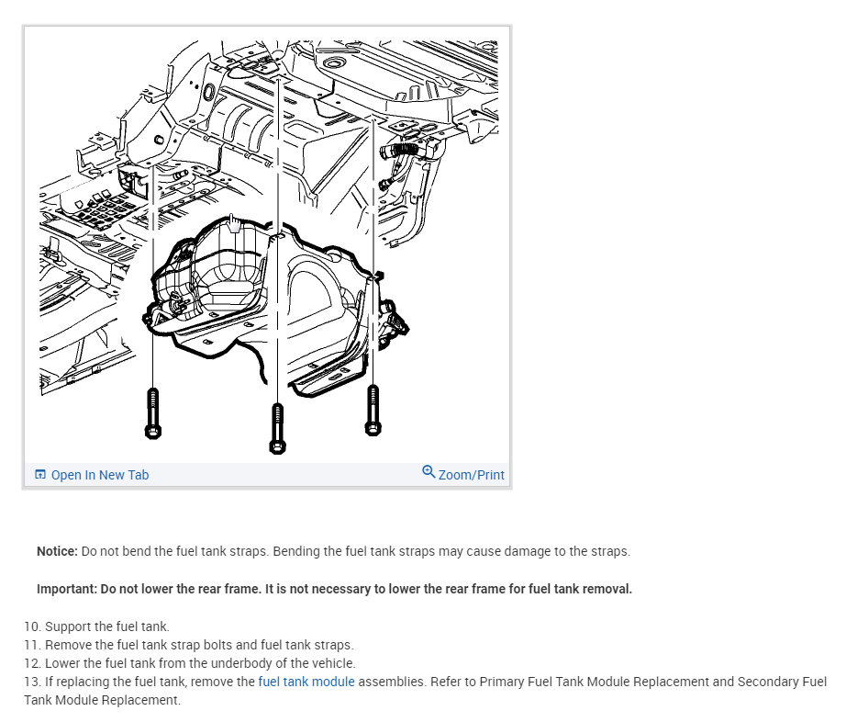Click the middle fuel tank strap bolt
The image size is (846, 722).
277,425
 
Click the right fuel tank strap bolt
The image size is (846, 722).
372,409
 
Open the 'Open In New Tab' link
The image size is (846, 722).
99,475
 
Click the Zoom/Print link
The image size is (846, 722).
471,475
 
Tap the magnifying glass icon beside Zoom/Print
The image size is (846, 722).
429,472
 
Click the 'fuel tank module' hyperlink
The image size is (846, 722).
306,682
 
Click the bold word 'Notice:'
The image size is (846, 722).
57,551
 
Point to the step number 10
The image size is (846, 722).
31,626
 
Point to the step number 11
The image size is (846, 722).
31,645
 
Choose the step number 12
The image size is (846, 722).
31,663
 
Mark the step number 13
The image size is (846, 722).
31,682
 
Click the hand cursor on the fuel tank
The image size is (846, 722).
235,223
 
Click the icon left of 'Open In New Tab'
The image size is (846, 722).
40,475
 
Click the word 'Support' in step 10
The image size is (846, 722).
68,626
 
